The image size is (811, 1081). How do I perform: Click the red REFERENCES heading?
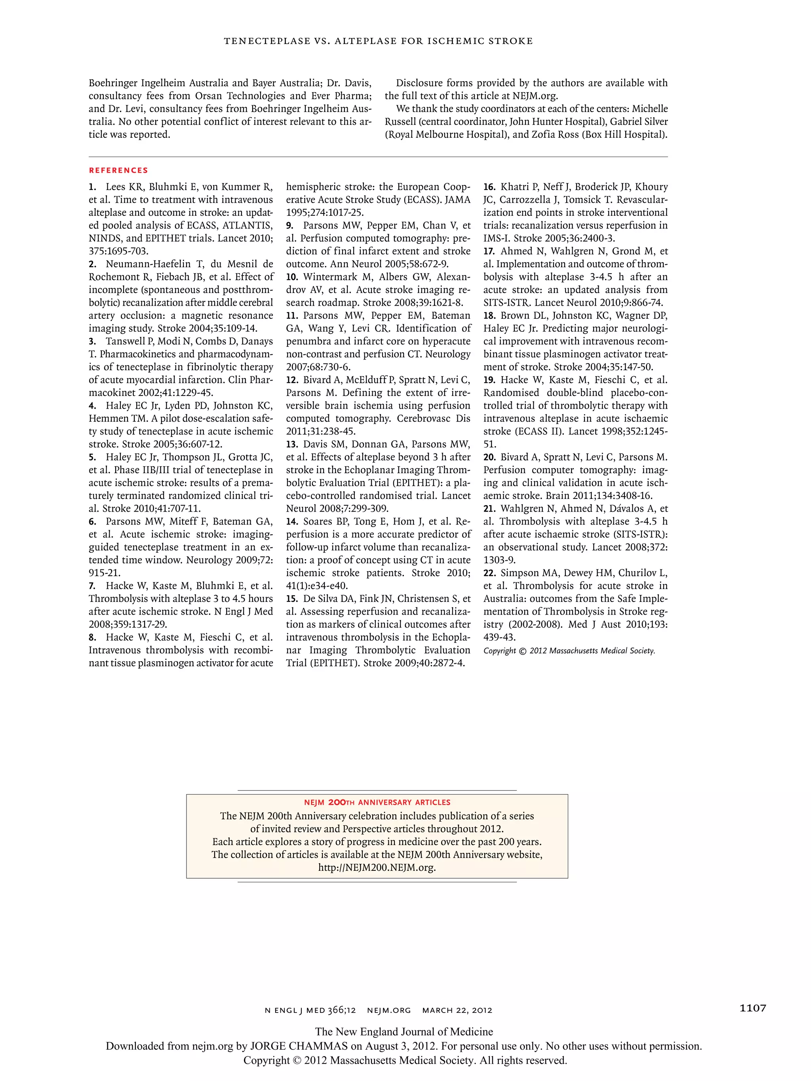pyautogui.click(x=118, y=170)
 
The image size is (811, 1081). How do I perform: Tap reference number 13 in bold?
pyautogui.click(x=292, y=444)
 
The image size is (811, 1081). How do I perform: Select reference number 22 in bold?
pyautogui.click(x=489, y=573)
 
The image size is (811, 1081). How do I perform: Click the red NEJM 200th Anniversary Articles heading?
pyautogui.click(x=377, y=802)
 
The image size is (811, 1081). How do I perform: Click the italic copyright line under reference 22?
pyautogui.click(x=569, y=651)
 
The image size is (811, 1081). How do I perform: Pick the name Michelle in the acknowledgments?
pyautogui.click(x=649, y=108)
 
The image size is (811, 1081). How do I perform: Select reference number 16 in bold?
pyautogui.click(x=489, y=187)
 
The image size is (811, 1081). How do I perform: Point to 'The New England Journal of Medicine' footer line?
pyautogui.click(x=404, y=1032)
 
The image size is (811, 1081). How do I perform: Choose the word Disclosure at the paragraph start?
pyautogui.click(x=419, y=83)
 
